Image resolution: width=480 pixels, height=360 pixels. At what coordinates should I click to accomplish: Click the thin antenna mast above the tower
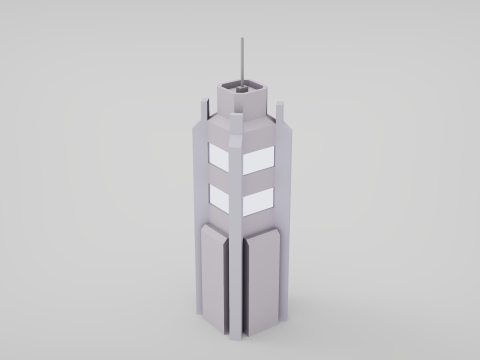click(241, 60)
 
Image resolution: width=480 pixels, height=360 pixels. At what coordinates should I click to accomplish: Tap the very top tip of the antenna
click(241, 38)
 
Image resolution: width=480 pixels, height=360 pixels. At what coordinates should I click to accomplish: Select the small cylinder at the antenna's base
click(241, 87)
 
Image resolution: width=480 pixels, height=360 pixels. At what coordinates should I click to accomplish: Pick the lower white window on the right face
click(257, 198)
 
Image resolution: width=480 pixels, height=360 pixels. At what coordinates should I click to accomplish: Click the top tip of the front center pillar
click(236, 117)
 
